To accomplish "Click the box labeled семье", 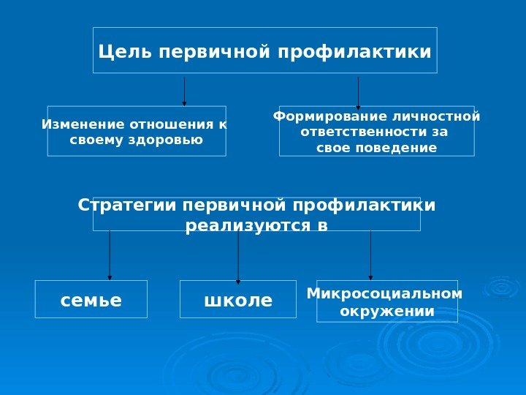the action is point(91,300).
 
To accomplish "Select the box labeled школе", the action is point(237,300).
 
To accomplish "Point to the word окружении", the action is point(387,311).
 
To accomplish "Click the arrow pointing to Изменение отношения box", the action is point(184,91).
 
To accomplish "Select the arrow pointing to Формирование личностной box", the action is point(358,92).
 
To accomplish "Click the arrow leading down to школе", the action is point(238,256).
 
